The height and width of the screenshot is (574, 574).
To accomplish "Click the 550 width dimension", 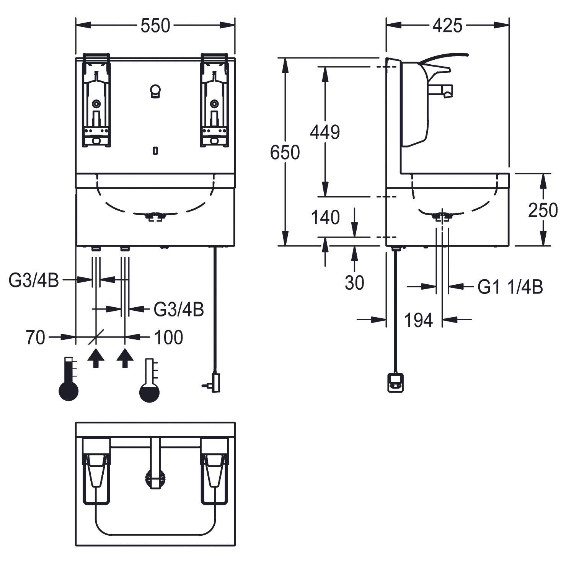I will click(x=155, y=26).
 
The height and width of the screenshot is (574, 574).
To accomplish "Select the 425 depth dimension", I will click(x=447, y=26).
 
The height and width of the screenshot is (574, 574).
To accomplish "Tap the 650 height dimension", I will click(x=285, y=153).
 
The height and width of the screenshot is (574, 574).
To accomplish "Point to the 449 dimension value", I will click(x=325, y=132).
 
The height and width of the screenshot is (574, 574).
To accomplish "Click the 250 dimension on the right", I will click(x=543, y=210).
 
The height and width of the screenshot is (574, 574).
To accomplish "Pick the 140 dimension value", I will click(x=325, y=218).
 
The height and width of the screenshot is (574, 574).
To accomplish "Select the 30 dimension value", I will click(x=354, y=283).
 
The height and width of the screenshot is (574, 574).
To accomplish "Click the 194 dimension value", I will click(x=418, y=320).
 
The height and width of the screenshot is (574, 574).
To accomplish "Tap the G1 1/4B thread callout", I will click(x=510, y=287).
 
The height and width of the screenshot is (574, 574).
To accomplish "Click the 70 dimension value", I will click(x=35, y=338).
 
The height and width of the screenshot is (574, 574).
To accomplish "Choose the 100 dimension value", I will click(x=168, y=338).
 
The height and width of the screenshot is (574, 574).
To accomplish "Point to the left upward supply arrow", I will click(x=96, y=358).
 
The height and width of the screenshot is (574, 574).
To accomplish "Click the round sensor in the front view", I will click(x=155, y=91).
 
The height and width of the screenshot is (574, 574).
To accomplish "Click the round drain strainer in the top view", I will click(x=155, y=479).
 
